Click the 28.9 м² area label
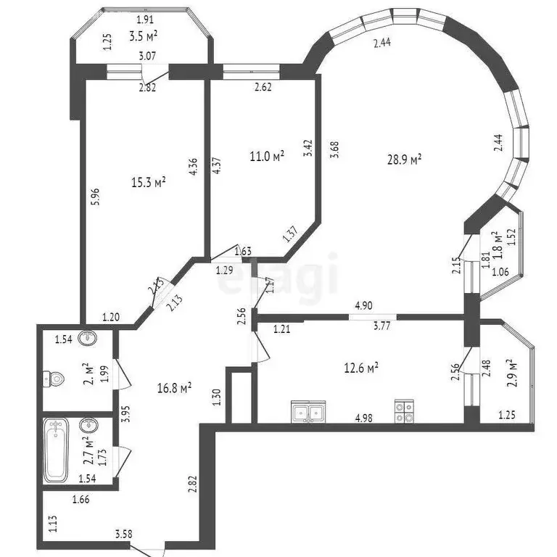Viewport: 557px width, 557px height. pos(405,159)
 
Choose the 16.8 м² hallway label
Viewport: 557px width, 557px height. pos(174,388)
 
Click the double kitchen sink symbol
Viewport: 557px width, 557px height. pos(308,413)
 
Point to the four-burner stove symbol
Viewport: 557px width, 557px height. pos(404,412)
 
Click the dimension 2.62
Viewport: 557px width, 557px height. pos(263,89)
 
